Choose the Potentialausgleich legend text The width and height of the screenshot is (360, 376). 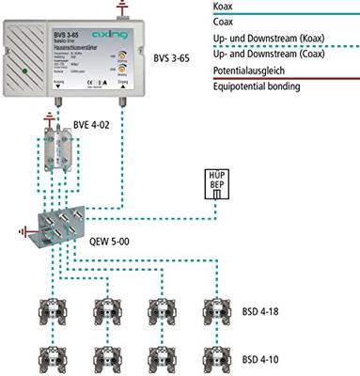243,71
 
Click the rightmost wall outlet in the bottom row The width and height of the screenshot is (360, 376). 212,358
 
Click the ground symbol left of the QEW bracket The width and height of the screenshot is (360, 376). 21,228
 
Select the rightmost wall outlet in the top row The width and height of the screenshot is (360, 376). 212,313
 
